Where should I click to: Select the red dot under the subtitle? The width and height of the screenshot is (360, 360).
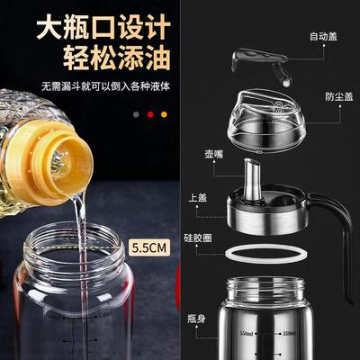pos(150,115)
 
